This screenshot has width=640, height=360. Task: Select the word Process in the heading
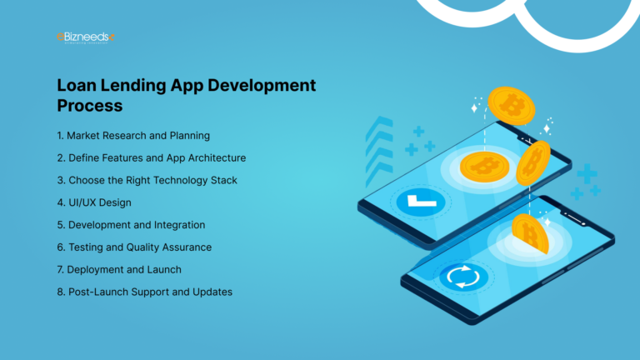point(90,106)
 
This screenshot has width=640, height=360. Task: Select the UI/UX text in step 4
point(85,202)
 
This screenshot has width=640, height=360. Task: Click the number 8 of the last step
point(61,292)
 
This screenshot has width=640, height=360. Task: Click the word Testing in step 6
point(89,247)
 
